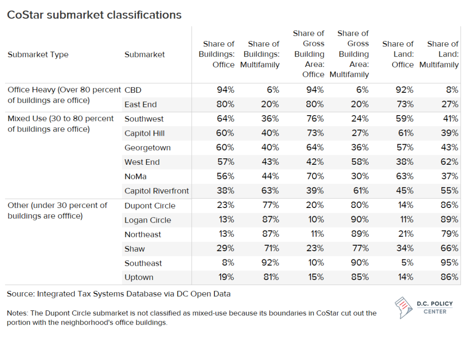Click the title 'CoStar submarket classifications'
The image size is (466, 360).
[x=94, y=15]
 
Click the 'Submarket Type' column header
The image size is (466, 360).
[x=38, y=55]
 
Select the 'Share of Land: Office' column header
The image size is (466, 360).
[x=398, y=55]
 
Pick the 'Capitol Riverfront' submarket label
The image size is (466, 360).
[x=157, y=191]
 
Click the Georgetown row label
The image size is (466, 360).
[x=147, y=148]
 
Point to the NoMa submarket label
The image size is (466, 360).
[x=136, y=177]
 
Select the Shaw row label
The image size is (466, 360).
[x=134, y=249]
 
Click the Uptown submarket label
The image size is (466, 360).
[x=139, y=278]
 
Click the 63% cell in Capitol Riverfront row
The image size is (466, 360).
[x=271, y=191]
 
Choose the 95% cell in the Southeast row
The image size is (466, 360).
[x=450, y=263]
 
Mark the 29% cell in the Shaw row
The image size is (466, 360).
[x=226, y=249]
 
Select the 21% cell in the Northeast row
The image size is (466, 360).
[x=405, y=234]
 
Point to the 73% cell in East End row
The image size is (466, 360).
[x=405, y=105]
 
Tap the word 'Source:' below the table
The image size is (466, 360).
[x=20, y=294]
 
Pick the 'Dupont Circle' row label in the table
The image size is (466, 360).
[x=150, y=206]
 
